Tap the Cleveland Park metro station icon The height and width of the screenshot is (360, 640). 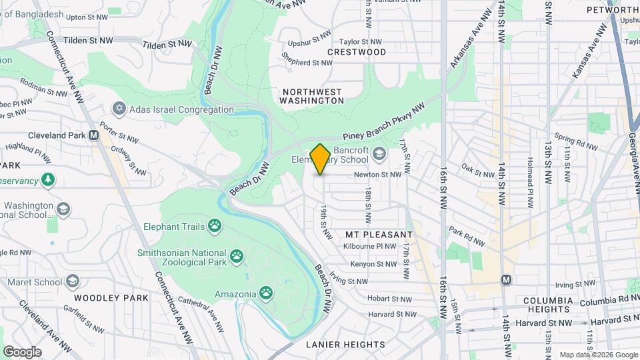(94, 134)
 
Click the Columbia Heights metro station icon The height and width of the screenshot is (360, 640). (507, 279)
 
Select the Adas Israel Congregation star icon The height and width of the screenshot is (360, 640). (120, 109)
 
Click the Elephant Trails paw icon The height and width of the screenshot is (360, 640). (215, 226)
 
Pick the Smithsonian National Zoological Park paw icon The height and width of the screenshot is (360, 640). (237, 255)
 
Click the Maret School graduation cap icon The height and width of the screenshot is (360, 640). (73, 282)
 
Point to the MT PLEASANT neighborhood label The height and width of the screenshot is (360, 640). (379, 235)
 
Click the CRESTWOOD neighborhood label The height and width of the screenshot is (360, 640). (357, 52)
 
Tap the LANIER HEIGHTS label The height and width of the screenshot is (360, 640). (345, 345)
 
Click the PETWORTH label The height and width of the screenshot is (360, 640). (613, 10)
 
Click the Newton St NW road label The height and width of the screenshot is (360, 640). (377, 175)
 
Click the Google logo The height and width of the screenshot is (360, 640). (22, 351)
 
